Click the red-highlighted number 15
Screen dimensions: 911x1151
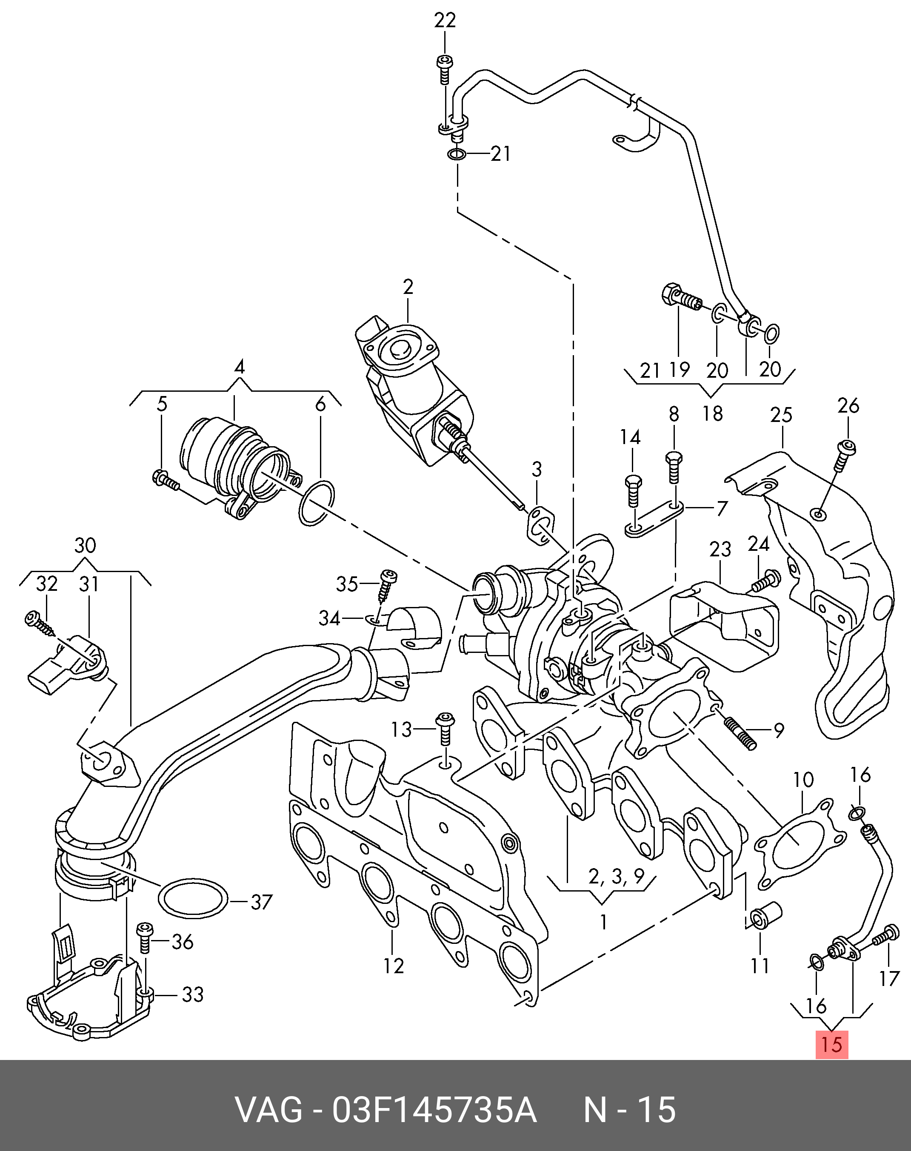pyautogui.click(x=831, y=1044)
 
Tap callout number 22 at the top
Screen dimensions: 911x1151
pyautogui.click(x=445, y=20)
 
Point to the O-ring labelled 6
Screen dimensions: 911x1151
pyautogui.click(x=317, y=503)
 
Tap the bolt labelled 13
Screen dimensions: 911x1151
pyautogui.click(x=444, y=728)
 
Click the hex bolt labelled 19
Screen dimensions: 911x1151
pyautogui.click(x=681, y=303)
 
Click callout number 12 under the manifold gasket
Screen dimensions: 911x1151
pyautogui.click(x=394, y=966)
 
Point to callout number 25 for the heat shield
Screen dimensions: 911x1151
pyautogui.click(x=781, y=415)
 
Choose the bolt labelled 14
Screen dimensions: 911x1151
pyautogui.click(x=633, y=489)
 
